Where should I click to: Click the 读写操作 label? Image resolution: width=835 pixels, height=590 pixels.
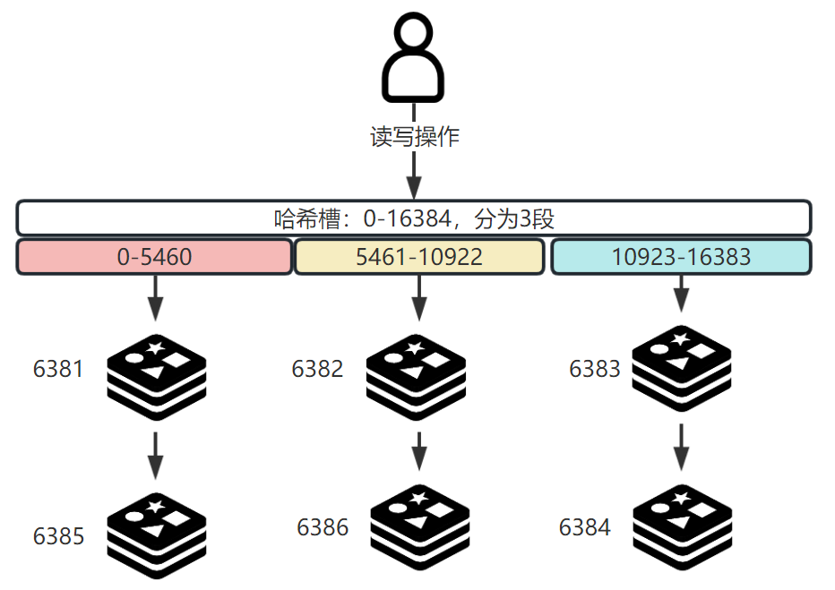coord(414,137)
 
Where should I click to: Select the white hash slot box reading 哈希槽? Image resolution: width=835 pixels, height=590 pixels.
coord(413,218)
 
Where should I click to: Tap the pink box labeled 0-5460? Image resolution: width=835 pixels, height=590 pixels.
coord(155,257)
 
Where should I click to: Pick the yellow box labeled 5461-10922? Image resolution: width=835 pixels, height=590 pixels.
coord(418,257)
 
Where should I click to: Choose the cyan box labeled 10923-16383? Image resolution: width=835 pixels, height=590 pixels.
coord(681,257)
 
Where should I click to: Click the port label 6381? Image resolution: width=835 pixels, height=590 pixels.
coord(58,369)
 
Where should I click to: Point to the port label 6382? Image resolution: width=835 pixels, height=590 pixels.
coord(317,369)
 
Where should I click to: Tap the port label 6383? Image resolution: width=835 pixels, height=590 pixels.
coord(595,369)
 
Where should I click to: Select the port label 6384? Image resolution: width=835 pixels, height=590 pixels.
coord(584,527)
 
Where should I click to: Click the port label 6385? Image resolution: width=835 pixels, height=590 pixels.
coord(58,536)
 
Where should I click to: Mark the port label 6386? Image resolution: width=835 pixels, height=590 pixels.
coord(323,527)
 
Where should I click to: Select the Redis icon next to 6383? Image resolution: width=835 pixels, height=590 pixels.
coord(682,369)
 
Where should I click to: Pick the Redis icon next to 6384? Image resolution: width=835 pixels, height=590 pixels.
coord(682,528)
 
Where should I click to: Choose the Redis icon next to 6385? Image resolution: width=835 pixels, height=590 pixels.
coord(156,534)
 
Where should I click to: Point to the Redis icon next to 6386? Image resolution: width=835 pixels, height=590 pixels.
coord(417,528)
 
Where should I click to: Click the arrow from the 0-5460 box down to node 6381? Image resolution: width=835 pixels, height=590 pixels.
coord(155,297)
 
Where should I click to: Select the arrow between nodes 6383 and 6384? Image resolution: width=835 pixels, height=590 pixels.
coord(682,446)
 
